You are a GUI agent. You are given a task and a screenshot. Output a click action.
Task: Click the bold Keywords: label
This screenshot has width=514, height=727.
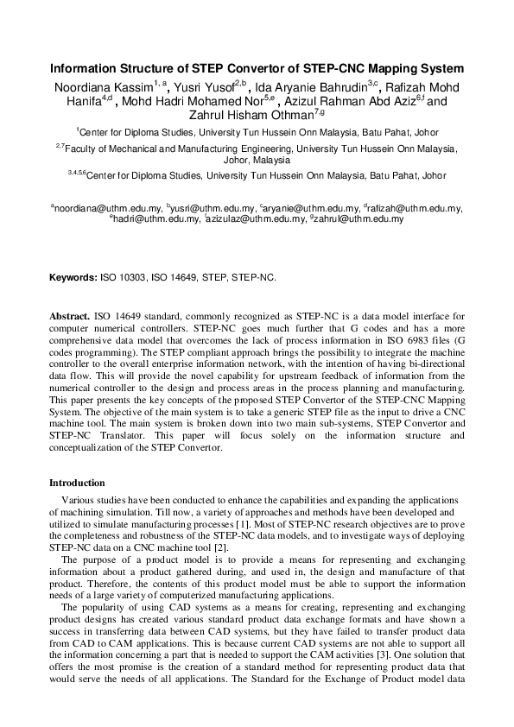point(73,279)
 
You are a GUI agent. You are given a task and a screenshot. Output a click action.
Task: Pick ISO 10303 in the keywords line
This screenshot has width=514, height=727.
point(125,279)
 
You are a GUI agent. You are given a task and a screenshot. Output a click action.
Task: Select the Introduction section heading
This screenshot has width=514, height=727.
point(77,483)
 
